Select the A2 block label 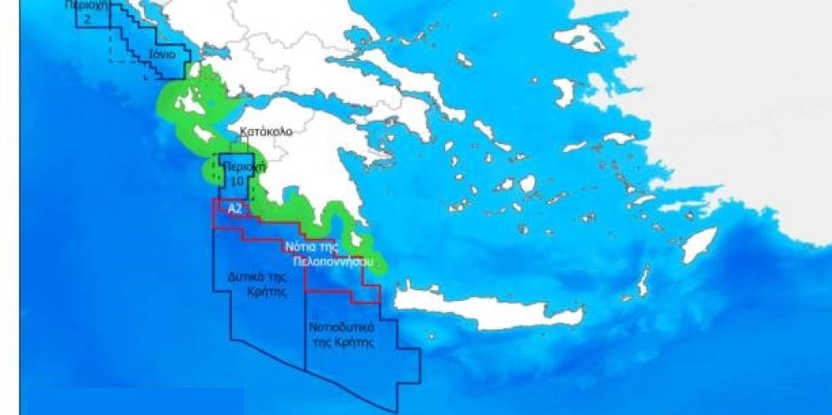(x=235, y=209)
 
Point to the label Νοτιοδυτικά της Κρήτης (x=341, y=334)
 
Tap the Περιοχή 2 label (x=89, y=10)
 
